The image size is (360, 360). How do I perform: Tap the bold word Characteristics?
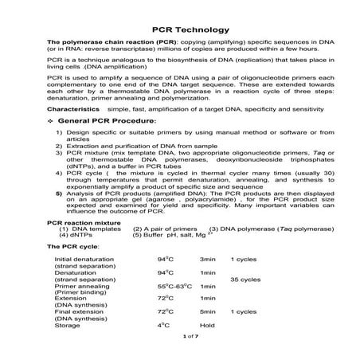click(x=73, y=107)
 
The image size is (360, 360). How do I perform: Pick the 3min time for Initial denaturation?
click(x=207, y=260)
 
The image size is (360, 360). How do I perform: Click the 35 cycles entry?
click(x=245, y=280)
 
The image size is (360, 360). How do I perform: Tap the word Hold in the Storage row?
click(x=208, y=324)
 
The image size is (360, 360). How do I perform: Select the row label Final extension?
click(x=78, y=311)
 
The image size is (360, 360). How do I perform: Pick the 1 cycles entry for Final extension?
click(x=243, y=311)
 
